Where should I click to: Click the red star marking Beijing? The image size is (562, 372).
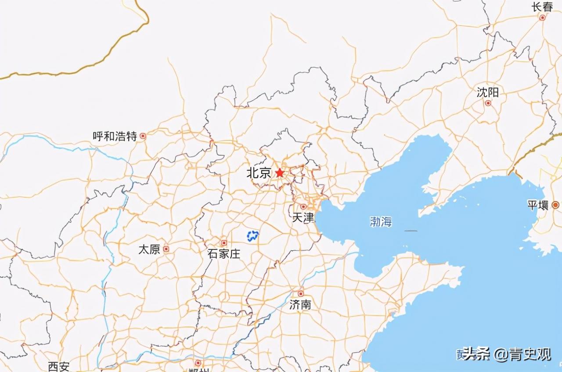click(280, 173)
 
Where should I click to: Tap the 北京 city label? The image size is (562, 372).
click(259, 173)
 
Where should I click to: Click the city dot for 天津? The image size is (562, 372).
click(303, 206)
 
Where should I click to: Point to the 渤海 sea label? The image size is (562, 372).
click(380, 222)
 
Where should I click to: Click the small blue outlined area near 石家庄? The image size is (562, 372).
click(252, 236)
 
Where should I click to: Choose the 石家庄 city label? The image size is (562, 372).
click(224, 253)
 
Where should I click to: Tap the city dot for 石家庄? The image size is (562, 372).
click(223, 243)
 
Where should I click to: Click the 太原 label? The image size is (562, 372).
click(149, 249)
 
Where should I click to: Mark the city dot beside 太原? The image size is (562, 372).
click(166, 249)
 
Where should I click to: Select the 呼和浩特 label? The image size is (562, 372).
click(115, 136)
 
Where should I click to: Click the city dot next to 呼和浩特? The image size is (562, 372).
click(143, 136)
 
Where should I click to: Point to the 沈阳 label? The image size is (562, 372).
click(488, 92)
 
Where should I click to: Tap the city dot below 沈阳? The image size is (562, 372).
click(488, 103)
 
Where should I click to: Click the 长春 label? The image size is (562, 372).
click(542, 7)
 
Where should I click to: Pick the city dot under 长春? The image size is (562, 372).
click(542, 18)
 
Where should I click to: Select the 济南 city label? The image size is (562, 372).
click(300, 304)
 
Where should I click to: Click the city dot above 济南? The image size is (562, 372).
click(301, 293)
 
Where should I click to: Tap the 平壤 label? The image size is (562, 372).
click(538, 205)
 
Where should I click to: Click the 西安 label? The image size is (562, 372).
click(59, 366)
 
